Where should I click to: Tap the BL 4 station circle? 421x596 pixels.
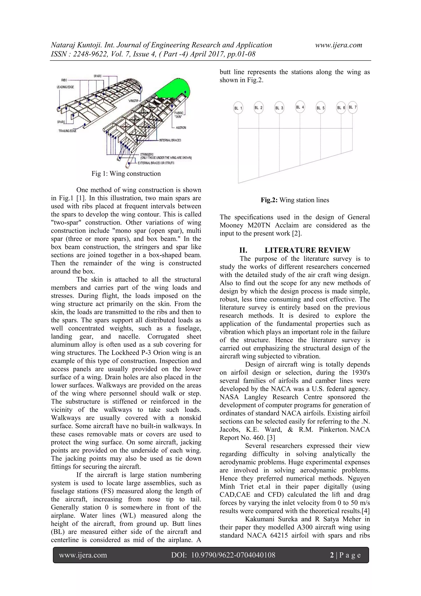pyautogui.click(x=300, y=107)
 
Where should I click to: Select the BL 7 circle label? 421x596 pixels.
pyautogui.click(x=352, y=107)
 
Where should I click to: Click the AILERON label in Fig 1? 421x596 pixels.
pyautogui.click(x=181, y=128)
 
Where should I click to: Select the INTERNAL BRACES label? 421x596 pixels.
pyautogui.click(x=170, y=140)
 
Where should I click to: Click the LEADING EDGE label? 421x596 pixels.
pyautogui.click(x=65, y=87)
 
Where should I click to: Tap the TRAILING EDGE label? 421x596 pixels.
pyautogui.click(x=67, y=131)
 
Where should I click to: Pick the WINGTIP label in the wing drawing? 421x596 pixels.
pyautogui.click(x=133, y=101)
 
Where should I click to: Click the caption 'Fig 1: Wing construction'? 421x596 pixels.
pyautogui.click(x=126, y=174)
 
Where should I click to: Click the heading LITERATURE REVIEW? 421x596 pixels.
pyautogui.click(x=307, y=250)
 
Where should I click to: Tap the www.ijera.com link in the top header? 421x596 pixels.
pyautogui.click(x=339, y=45)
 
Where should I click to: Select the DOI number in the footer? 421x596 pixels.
pyautogui.click(x=233, y=555)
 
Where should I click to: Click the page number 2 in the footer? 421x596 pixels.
pyautogui.click(x=332, y=555)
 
